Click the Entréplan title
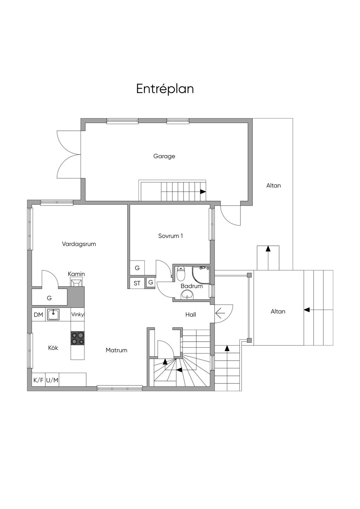[x=165, y=89]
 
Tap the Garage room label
[x=164, y=156]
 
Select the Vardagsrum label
[x=79, y=244]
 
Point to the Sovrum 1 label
[x=171, y=236]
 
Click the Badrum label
[x=192, y=286]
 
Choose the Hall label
[x=191, y=315]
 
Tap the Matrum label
[x=116, y=350]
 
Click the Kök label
[x=53, y=348]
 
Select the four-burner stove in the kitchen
[x=77, y=338]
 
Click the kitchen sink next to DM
[x=53, y=315]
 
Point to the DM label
[x=38, y=315]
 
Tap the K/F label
[x=38, y=380]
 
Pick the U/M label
[x=52, y=380]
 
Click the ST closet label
[x=137, y=283]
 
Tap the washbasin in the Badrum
[x=187, y=295]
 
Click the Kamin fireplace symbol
[x=76, y=283]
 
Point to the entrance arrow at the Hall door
[x=220, y=314]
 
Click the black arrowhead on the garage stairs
[x=203, y=192]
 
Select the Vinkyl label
[x=78, y=315]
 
